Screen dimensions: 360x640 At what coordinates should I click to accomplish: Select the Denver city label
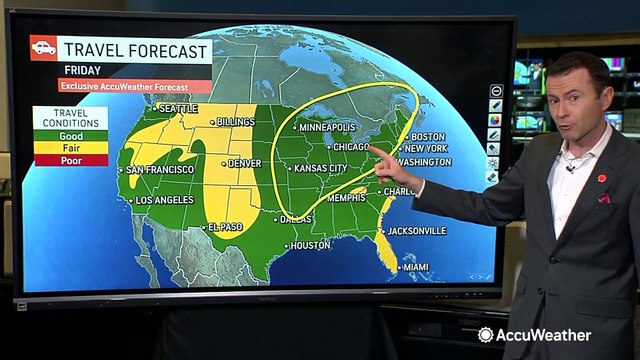coord(243,162)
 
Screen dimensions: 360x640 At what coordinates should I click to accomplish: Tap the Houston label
coord(309,245)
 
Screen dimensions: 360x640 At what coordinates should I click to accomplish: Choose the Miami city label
coord(415,268)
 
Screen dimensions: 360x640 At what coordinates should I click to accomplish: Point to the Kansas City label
coord(322,169)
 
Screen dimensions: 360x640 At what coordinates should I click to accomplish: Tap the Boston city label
coord(427,136)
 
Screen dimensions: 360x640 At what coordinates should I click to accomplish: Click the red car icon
coord(43,48)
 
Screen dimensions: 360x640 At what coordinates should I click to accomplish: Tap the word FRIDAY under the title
coord(83,70)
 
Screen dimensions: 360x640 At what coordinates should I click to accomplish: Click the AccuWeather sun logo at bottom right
coord(486,335)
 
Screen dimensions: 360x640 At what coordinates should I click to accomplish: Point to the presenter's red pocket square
coord(604,198)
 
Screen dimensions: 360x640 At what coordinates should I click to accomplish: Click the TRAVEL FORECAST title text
coord(135,49)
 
